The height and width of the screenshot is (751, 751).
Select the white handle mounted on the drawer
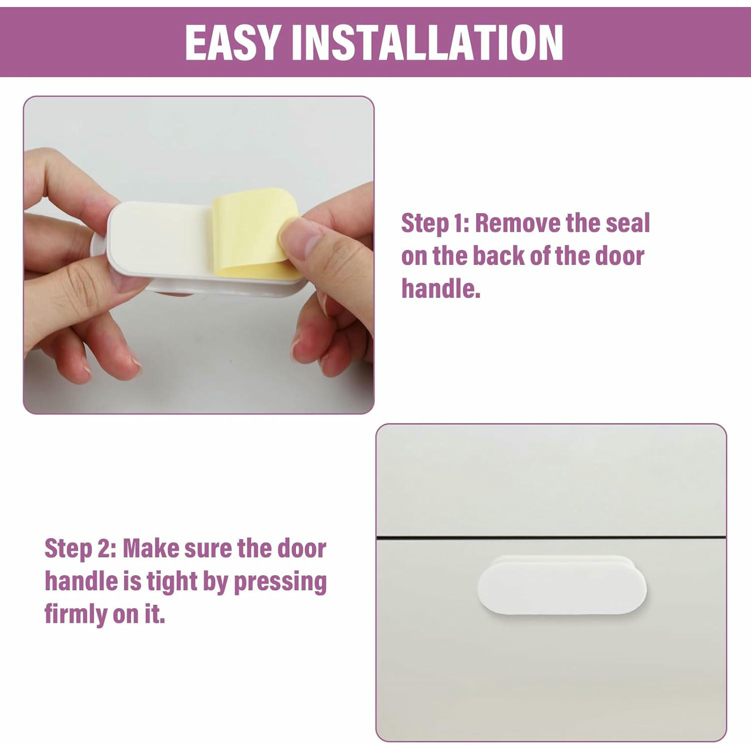coord(562,585)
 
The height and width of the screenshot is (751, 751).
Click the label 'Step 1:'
coord(435,223)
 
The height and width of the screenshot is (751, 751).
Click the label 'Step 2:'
coord(80,548)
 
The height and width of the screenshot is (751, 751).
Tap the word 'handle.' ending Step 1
coord(441,289)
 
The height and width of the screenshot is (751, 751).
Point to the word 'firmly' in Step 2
coord(76,615)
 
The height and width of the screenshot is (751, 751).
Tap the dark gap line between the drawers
coord(551,538)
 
